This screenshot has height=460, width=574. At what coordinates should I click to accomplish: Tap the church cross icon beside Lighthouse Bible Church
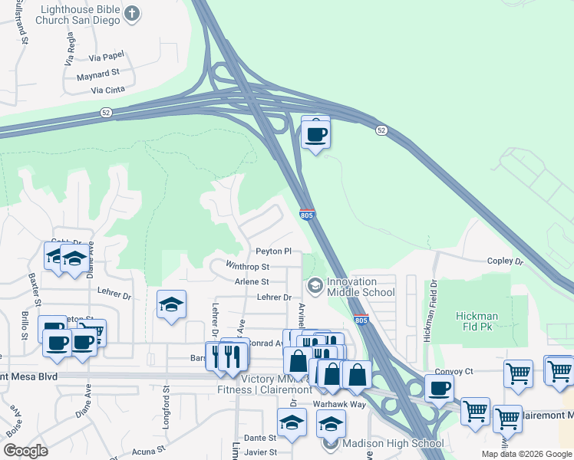pos(133,13)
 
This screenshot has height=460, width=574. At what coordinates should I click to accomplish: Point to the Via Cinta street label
pos(107,90)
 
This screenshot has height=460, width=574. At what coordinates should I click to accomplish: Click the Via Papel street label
pos(107,55)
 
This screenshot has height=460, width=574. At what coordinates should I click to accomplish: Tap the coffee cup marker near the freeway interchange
pos(315,135)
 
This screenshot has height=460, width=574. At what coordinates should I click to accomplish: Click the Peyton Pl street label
pos(273,251)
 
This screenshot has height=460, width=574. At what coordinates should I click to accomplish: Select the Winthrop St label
pos(247,267)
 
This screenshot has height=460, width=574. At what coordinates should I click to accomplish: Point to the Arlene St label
pos(251,281)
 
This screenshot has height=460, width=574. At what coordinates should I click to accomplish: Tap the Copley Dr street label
pos(504,261)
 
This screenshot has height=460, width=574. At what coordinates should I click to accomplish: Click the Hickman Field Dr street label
pos(433,303)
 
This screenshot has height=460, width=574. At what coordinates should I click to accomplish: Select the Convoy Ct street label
pos(453,372)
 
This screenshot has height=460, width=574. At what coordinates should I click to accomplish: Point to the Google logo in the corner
pos(25,451)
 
